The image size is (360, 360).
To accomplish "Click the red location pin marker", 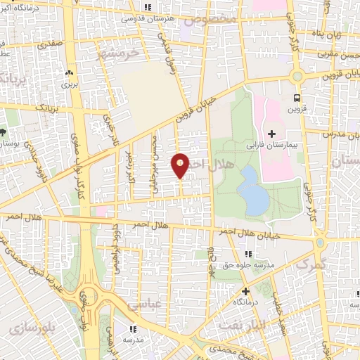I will (x=181, y=166).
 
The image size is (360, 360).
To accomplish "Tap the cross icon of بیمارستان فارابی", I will (x=271, y=134).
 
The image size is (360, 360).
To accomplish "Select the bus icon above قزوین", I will (x=297, y=98).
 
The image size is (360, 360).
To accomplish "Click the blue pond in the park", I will (x=253, y=190).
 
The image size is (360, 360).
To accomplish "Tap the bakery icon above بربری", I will (x=69, y=72).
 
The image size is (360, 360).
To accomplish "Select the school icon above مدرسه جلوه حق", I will (x=247, y=254).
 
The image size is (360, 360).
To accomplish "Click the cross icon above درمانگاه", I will (x=245, y=290).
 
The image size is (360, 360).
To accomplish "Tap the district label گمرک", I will (x=311, y=266).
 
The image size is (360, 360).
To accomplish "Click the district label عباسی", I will (x=144, y=304).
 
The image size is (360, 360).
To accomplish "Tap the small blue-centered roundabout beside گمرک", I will (x=321, y=243).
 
